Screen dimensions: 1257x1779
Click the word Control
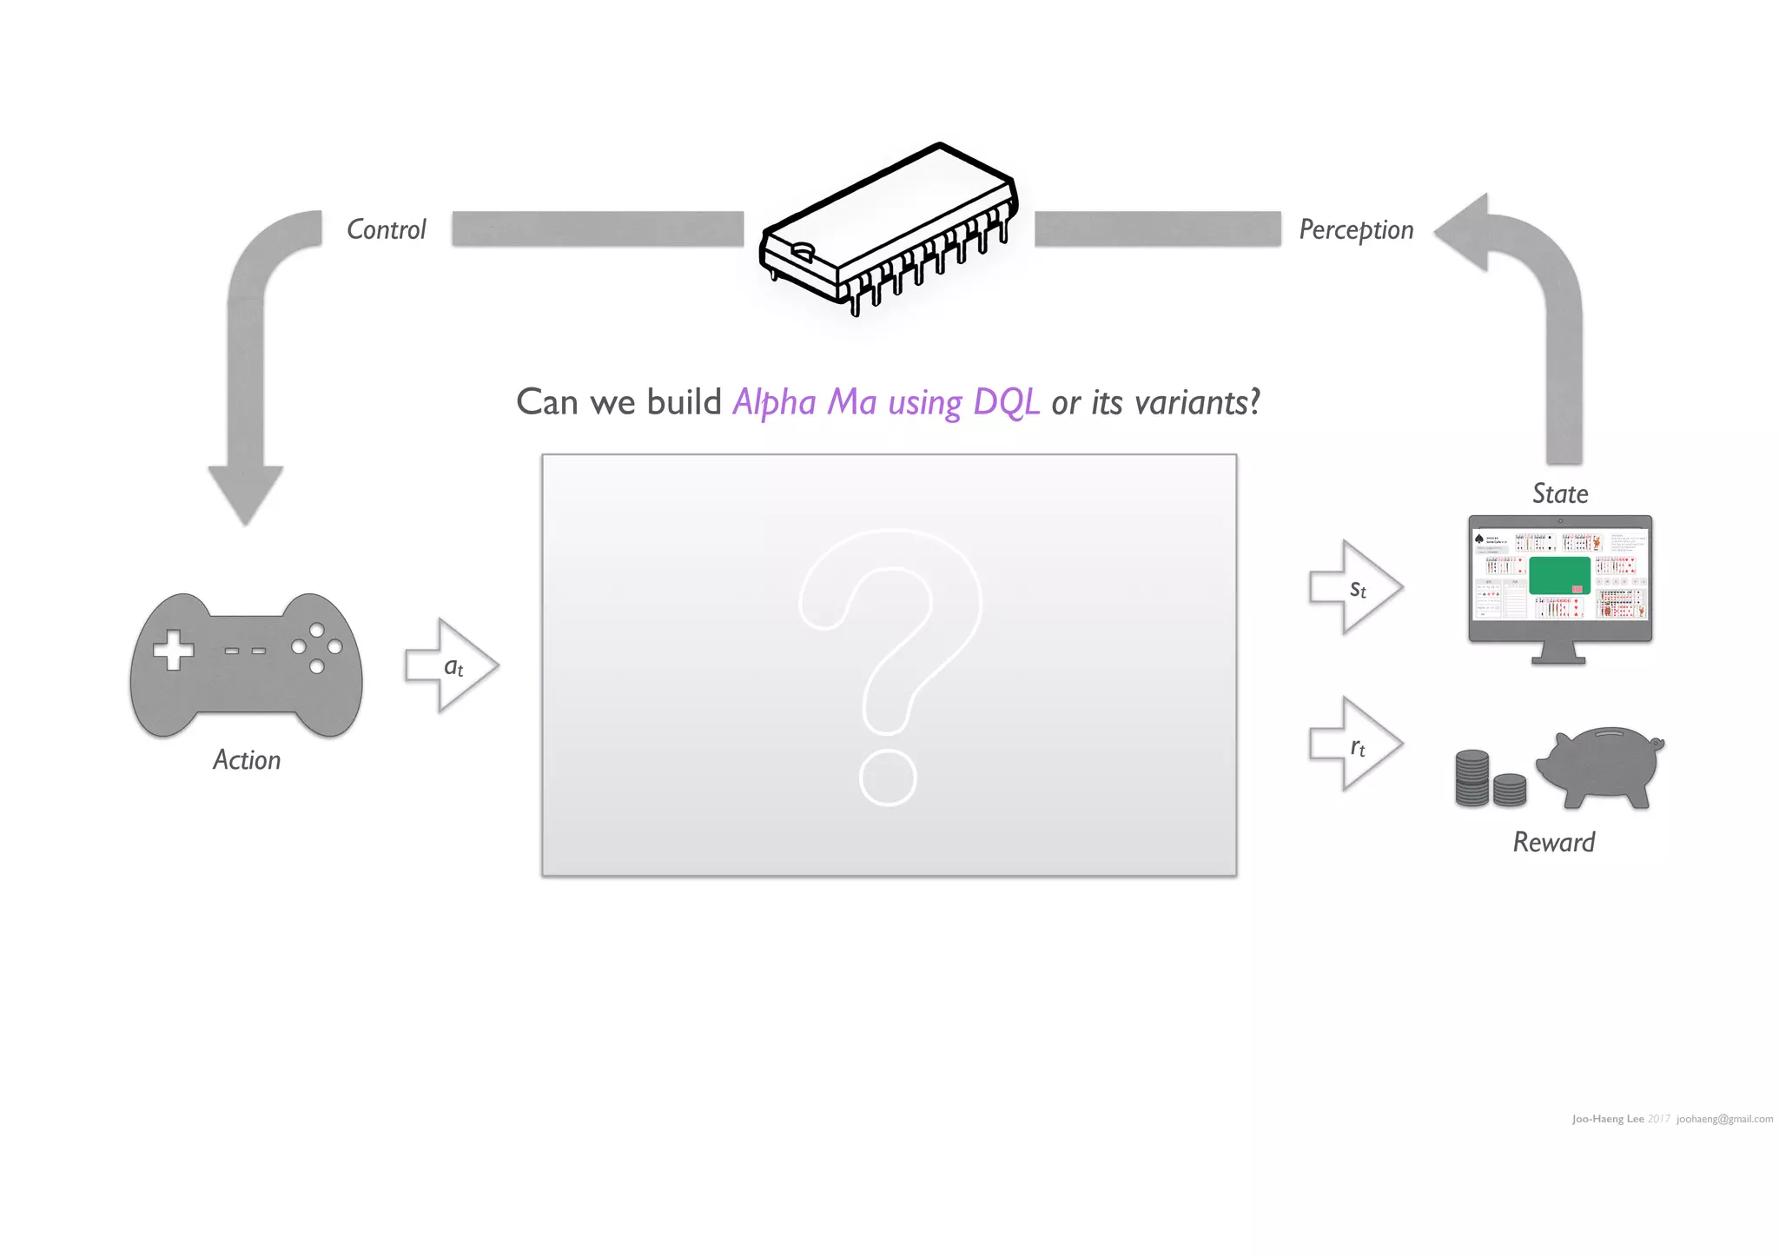click(387, 229)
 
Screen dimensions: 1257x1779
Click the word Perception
click(1356, 229)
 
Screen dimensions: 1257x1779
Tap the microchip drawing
click(889, 229)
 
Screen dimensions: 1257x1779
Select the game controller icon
click(246, 665)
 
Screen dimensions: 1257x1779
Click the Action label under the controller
click(247, 760)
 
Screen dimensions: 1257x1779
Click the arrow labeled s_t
click(1355, 588)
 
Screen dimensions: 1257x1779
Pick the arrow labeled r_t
click(1355, 744)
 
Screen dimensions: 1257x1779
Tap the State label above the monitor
click(1560, 493)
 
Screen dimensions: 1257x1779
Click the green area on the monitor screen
click(1558, 574)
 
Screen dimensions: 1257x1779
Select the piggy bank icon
click(1600, 764)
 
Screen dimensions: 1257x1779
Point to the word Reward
click(1554, 842)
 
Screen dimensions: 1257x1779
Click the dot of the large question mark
click(888, 778)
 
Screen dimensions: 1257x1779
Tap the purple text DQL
click(1006, 402)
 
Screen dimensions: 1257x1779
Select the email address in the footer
click(1724, 1119)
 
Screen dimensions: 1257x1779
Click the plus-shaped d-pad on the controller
click(173, 650)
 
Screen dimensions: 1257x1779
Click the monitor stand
click(1558, 653)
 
